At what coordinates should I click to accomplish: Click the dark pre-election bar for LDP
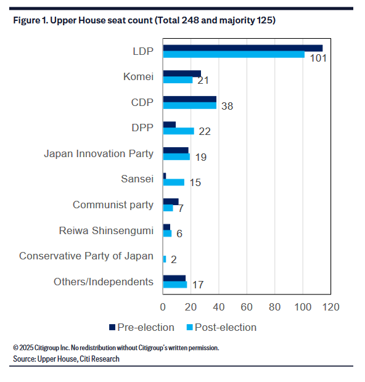point(243,48)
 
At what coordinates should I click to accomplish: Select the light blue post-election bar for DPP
point(179,131)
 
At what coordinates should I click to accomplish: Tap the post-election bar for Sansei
point(174,182)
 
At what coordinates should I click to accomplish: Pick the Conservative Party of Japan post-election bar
point(165,259)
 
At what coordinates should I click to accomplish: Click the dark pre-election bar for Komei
point(182,73)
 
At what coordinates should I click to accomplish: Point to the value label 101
point(318,59)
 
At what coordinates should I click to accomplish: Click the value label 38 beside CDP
point(228,106)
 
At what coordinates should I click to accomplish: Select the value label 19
point(201,157)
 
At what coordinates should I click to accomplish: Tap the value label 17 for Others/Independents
point(198,285)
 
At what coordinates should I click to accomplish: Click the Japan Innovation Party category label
point(99,154)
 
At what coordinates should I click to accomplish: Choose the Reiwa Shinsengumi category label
point(106,230)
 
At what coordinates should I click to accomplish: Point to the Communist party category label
point(113,205)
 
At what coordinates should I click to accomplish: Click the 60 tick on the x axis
point(247,307)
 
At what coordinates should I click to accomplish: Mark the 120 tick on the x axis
point(331,307)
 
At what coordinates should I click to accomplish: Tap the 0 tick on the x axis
point(163,307)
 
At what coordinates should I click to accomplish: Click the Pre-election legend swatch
point(112,327)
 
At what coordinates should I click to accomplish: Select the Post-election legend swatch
point(190,327)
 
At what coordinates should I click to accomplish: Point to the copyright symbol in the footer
point(15,347)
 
